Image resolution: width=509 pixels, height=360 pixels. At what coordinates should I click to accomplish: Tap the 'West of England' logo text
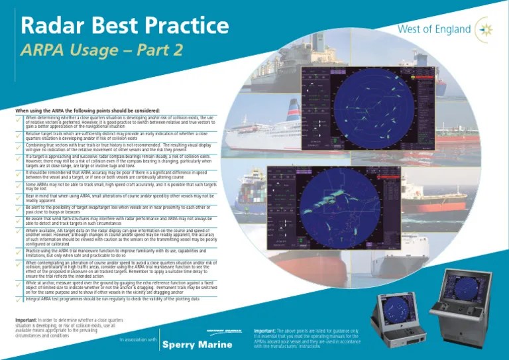coord(433,30)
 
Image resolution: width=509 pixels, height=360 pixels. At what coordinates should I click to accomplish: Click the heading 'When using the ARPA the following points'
coord(85,109)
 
